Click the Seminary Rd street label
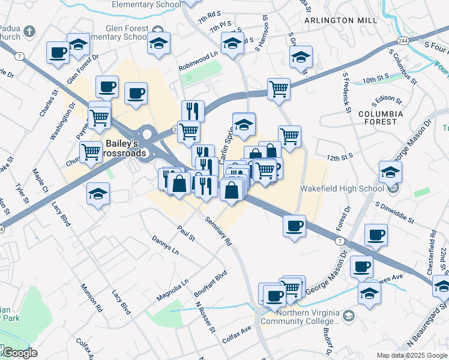[218, 232]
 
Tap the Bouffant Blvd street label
[210, 284]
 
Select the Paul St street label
[186, 233]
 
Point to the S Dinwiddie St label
[395, 212]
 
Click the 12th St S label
[340, 157]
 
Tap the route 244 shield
[403, 41]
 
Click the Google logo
[19, 353]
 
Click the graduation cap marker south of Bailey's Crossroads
[98, 194]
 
